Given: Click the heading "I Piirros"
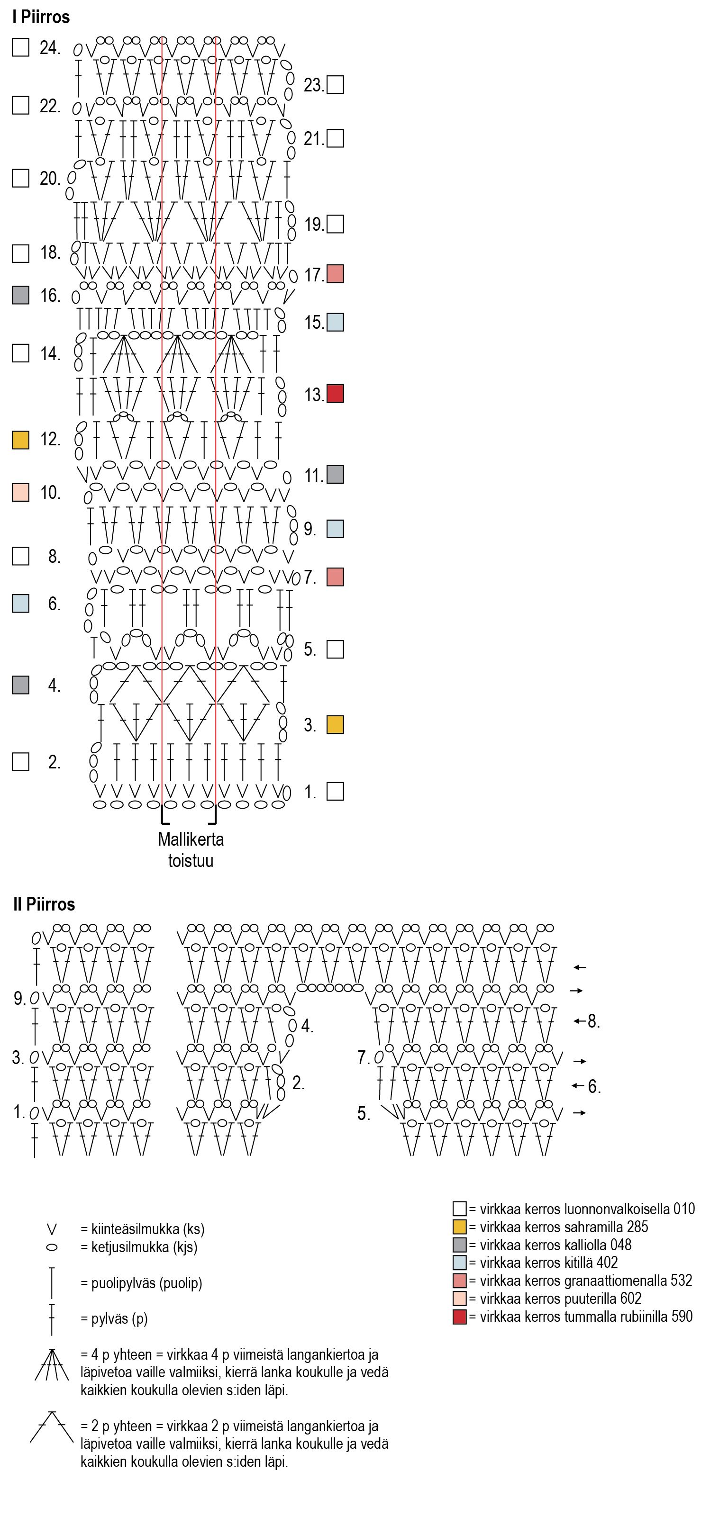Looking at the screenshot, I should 41,17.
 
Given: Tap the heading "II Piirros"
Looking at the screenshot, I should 44,904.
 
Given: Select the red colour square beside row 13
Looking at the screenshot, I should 335,394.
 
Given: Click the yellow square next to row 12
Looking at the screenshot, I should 20,440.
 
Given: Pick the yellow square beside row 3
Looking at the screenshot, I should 335,724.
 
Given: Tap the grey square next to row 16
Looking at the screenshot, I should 20,296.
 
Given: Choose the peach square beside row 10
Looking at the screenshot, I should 20,493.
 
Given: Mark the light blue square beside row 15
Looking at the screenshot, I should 335,323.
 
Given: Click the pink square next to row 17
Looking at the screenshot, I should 335,274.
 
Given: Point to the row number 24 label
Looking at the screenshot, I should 49,48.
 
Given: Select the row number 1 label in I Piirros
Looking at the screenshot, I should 309,792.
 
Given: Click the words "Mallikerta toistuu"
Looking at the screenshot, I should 191,850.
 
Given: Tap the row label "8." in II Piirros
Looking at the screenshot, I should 593,1022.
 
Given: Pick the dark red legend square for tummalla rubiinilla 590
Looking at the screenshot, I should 459,1317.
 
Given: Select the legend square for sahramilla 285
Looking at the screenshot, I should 459,1227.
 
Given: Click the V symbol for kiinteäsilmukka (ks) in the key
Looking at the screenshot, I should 52,1229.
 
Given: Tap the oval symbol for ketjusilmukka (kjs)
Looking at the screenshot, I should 52,1247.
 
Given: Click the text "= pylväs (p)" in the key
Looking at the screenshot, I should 114,1319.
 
